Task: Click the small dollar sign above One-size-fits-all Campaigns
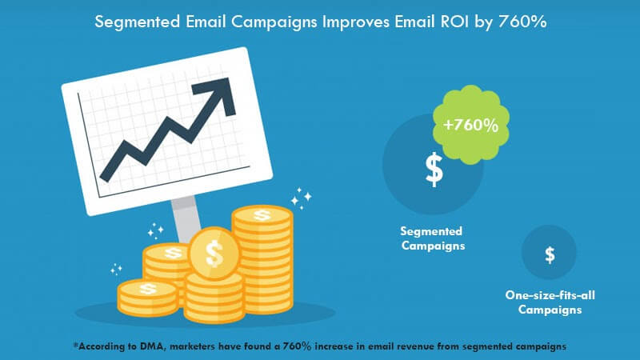[550, 255]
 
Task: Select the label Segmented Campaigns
[433, 238]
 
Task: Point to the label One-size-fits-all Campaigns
[550, 302]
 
